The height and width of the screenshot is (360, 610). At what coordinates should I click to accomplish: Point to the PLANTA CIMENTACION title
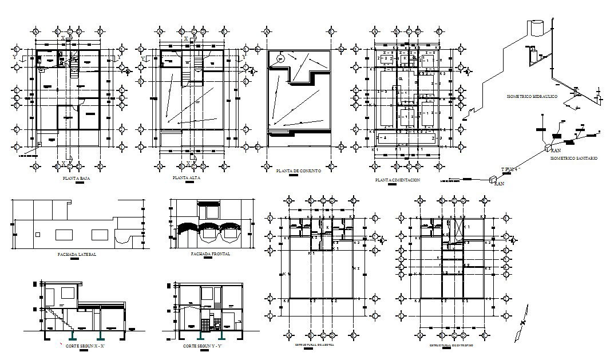[398, 180]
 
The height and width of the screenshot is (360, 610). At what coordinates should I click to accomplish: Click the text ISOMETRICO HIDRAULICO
[532, 97]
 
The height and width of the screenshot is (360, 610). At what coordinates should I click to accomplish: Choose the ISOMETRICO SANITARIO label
[573, 157]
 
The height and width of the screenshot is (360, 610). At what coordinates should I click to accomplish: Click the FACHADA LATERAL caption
[77, 254]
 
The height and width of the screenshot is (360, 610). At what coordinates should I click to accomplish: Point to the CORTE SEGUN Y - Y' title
[203, 346]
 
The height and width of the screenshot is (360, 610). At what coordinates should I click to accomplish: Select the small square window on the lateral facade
[37, 235]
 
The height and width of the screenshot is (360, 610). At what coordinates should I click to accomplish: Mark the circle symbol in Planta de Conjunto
[280, 58]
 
